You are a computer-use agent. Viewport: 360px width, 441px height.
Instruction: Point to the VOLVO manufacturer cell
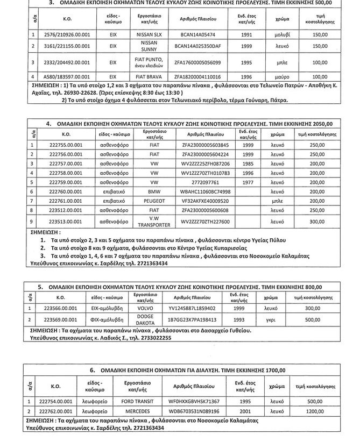(x=148, y=308)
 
